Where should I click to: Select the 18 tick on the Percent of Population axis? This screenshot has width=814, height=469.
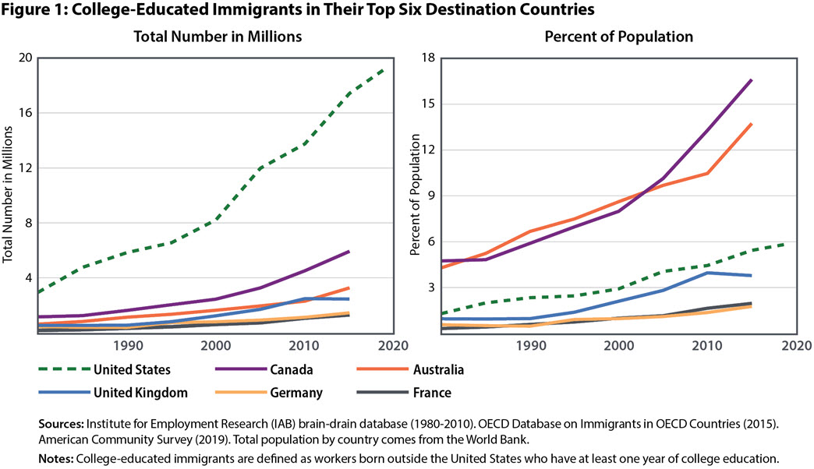tap(428, 58)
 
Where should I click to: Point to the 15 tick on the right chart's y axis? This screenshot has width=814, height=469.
tap(428, 104)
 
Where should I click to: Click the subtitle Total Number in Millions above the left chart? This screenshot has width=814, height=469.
tap(207, 37)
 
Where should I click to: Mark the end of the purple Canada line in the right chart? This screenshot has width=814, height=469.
tap(752, 79)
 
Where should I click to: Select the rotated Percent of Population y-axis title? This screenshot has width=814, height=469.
tap(416, 196)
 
